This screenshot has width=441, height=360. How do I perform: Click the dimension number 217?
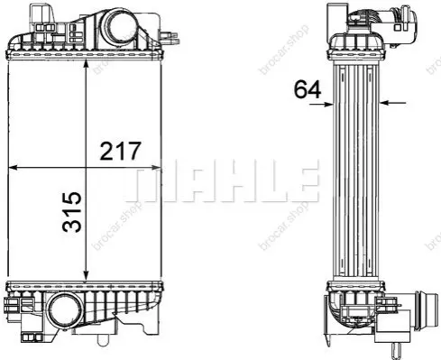pyautogui.click(x=120, y=151)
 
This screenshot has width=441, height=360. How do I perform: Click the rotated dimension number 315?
pyautogui.click(x=72, y=212)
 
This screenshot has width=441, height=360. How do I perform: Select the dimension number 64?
pyautogui.click(x=308, y=89)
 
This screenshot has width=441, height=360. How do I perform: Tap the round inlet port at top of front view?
pyautogui.click(x=119, y=30)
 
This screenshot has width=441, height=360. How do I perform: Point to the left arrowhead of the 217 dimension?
pyautogui.click(x=13, y=168)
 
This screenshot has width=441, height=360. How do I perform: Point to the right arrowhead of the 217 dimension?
pyautogui.click(x=156, y=168)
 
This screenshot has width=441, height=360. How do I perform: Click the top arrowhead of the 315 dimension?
pyautogui.click(x=87, y=65)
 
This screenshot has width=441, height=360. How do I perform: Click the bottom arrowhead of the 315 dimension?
pyautogui.click(x=87, y=275)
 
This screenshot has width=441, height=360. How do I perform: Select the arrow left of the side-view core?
pyautogui.click(x=321, y=105)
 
